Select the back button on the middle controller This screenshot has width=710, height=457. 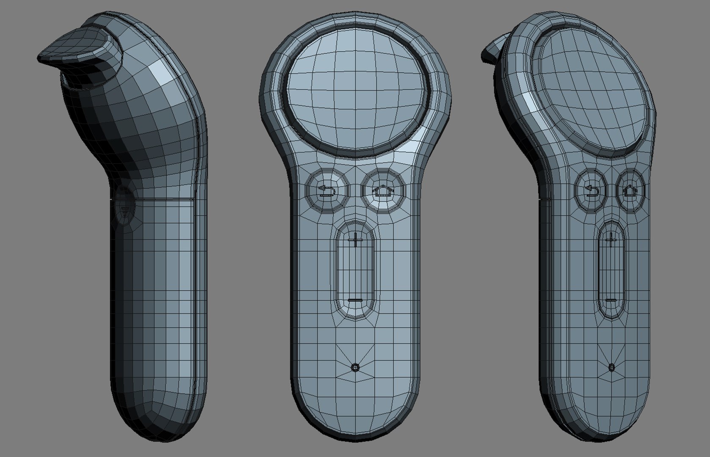328,191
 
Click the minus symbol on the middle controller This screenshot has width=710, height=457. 356,300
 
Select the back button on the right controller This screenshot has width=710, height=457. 591,191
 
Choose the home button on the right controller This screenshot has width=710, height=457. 630,191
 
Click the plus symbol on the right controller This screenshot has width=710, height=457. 611,240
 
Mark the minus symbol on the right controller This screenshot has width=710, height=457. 611,300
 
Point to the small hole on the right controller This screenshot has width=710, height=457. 611,367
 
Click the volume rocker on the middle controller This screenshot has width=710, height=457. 356,271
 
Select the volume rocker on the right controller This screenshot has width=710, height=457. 611,271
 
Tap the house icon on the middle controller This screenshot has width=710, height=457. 384,191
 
